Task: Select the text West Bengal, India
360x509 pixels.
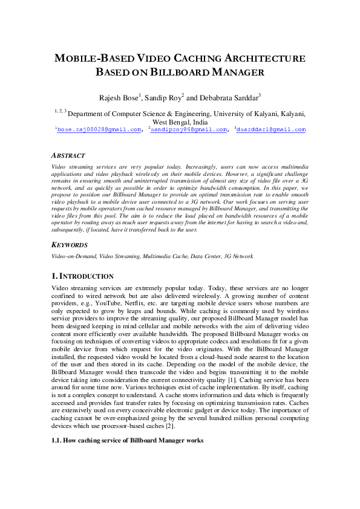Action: [180, 122]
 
